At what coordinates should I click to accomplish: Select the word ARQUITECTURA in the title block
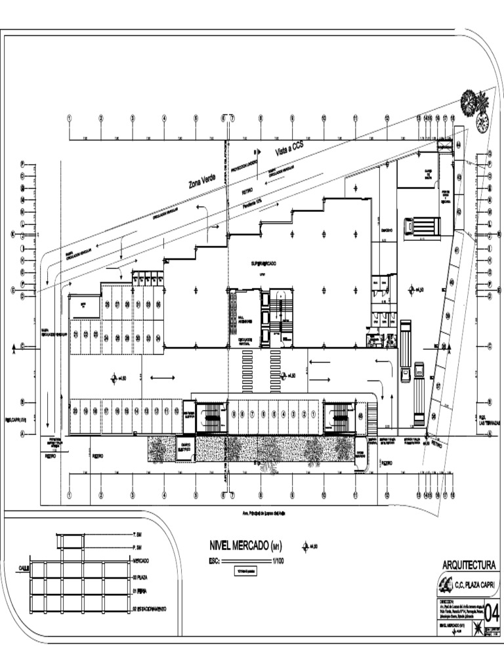(469, 565)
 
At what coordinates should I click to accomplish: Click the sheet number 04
(491, 612)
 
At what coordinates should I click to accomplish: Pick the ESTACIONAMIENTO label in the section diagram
(150, 609)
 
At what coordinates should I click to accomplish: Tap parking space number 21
(75, 335)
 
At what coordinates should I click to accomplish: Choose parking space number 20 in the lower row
(75, 411)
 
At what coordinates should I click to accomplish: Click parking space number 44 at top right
(459, 144)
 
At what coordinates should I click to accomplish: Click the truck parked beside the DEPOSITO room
(421, 226)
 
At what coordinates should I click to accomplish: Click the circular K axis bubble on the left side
(12, 234)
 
